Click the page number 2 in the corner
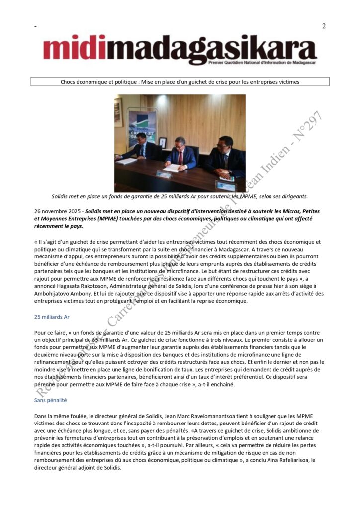(x=324, y=26)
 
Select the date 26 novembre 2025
(x=54, y=211)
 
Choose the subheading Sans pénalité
(x=50, y=400)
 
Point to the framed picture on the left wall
(x=118, y=112)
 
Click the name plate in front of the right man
(x=225, y=186)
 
